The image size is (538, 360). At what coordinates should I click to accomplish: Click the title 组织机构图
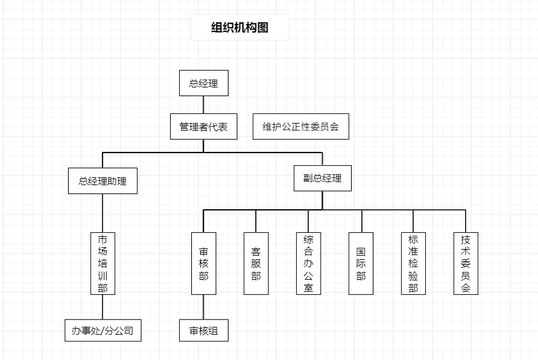[240, 28]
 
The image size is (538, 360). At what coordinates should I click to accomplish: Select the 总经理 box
[204, 83]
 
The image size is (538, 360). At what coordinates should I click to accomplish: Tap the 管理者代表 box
[203, 127]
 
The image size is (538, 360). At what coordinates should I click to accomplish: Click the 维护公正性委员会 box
[301, 127]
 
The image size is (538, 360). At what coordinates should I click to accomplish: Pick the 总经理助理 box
[103, 181]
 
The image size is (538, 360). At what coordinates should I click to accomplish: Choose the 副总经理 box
[323, 178]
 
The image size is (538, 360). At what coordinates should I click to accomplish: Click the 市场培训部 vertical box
[103, 264]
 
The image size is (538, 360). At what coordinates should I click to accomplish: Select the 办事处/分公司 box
[103, 330]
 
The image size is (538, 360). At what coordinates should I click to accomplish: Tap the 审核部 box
[204, 264]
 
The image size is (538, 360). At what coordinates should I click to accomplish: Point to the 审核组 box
[204, 330]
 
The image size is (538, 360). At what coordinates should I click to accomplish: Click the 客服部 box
[256, 264]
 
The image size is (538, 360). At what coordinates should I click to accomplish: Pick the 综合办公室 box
[308, 264]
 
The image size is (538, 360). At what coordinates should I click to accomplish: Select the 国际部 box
[361, 264]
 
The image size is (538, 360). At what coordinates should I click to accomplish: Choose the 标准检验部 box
[413, 264]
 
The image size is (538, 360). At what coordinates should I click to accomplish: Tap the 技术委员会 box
[466, 264]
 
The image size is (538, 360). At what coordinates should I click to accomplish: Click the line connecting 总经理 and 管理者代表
[204, 105]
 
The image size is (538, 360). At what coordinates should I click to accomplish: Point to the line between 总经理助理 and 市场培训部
[103, 213]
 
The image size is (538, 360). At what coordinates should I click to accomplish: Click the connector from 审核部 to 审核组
[204, 307]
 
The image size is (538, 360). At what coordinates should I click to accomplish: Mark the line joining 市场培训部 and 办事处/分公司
[103, 307]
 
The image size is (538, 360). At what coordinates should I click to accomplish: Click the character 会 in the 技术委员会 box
[466, 288]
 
